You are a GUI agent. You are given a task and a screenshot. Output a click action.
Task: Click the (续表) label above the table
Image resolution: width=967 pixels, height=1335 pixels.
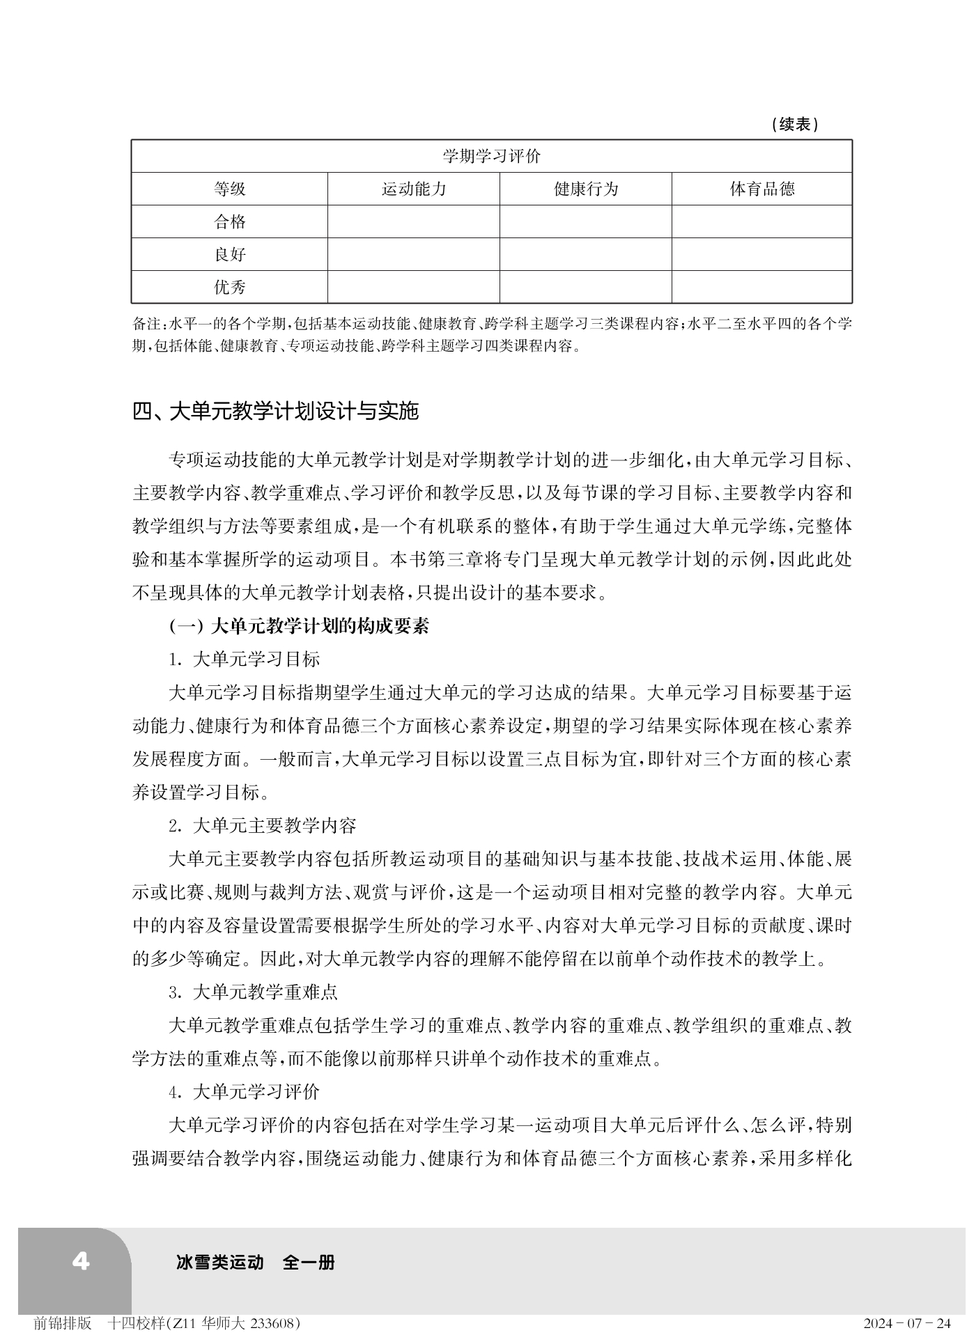(795, 125)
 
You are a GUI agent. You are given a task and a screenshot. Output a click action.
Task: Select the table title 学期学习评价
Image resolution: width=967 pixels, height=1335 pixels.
(491, 156)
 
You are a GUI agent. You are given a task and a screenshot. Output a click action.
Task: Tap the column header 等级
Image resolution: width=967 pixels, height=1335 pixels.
(229, 189)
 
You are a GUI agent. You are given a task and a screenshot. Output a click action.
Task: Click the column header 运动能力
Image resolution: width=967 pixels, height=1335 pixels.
(413, 189)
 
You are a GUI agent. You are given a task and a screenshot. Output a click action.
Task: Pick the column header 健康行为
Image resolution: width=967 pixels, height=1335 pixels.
(585, 189)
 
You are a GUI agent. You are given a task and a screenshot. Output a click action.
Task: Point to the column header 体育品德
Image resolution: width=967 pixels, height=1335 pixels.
(761, 189)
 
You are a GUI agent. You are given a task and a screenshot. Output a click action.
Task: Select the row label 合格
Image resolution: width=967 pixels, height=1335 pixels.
(229, 221)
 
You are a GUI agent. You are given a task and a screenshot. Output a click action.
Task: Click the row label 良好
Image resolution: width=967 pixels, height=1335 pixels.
(229, 254)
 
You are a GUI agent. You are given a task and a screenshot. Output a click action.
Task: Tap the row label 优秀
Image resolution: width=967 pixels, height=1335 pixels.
(229, 287)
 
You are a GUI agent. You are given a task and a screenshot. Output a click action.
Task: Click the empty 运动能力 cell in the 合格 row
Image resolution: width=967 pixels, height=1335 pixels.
(413, 221)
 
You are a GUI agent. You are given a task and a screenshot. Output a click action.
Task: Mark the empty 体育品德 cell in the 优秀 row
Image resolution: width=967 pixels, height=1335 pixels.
(761, 287)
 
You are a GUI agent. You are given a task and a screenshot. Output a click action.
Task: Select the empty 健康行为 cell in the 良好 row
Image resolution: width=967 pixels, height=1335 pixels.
(585, 254)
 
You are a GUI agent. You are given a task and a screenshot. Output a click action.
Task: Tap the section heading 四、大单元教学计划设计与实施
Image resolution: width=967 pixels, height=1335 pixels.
(275, 412)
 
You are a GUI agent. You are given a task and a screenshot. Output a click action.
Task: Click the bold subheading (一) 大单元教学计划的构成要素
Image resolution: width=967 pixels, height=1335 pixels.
(299, 626)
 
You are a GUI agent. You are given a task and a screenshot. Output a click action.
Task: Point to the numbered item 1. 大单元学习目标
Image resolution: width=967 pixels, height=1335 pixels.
(244, 659)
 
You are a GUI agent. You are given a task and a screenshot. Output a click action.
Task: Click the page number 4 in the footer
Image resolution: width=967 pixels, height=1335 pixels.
(81, 1261)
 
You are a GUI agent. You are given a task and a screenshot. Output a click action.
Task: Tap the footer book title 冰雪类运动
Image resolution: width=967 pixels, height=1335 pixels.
(221, 1262)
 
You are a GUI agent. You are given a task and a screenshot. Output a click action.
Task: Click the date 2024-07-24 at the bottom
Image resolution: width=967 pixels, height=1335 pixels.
(906, 1322)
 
